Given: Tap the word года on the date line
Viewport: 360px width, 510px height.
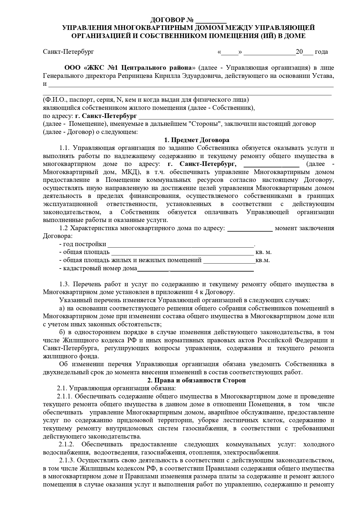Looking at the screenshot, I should pos(321,52).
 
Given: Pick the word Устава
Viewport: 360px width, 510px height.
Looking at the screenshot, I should pos(323,76).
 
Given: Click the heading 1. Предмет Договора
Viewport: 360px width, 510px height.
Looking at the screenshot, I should pos(197,140).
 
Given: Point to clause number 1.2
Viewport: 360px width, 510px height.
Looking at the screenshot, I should pos(64,228).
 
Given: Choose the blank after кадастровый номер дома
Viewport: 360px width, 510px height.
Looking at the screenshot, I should pos(195,269).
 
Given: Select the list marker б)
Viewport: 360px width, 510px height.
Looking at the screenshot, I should pos(62,332).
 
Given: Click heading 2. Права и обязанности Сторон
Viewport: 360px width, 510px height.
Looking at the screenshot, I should pos(197,380).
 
